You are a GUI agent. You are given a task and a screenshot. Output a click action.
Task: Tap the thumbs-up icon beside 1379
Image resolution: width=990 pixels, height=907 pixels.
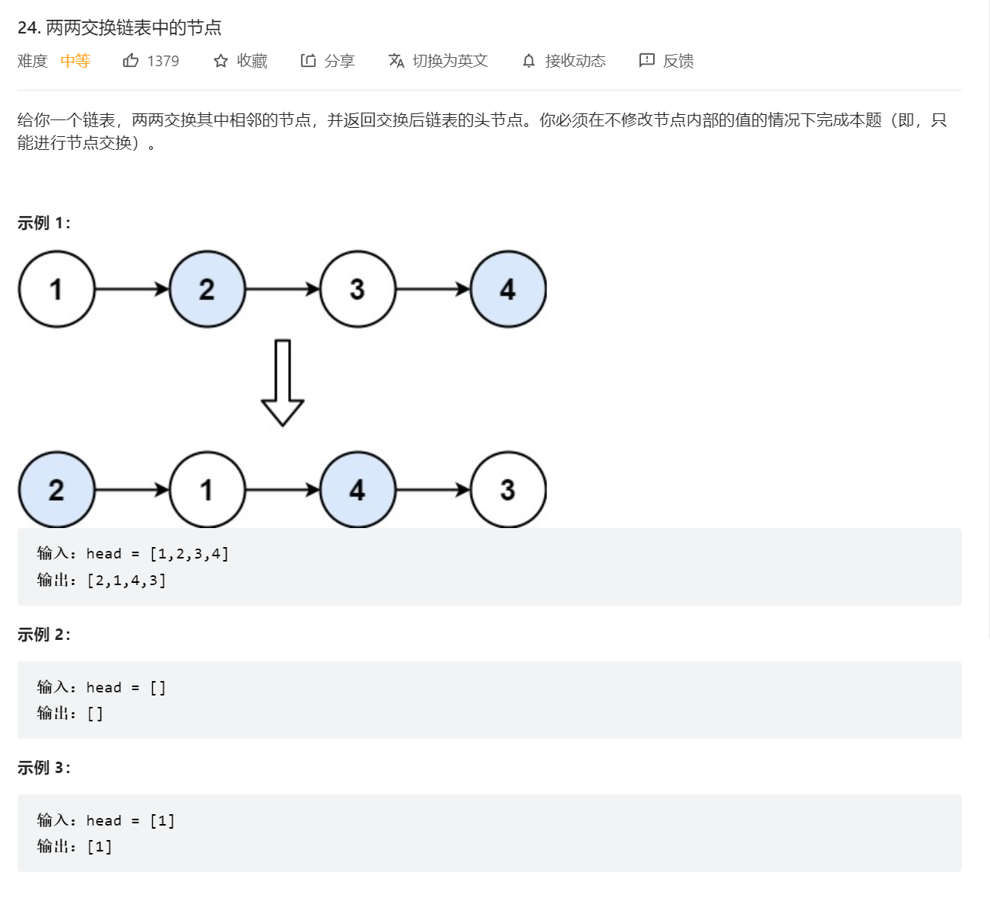[x=131, y=61]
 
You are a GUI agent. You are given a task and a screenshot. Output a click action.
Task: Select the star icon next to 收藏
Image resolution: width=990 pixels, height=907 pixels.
[x=221, y=61]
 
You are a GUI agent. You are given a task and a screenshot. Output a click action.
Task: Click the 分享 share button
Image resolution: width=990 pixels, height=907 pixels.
[x=328, y=61]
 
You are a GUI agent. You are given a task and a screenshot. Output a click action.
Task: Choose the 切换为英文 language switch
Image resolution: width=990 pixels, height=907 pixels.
[x=438, y=61]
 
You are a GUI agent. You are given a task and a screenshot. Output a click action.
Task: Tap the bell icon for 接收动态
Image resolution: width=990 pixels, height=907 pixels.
[x=529, y=61]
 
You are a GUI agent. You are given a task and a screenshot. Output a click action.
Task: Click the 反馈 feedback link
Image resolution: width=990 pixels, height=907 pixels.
[x=667, y=61]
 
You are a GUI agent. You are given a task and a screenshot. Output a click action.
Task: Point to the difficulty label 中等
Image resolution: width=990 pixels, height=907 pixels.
[x=75, y=61]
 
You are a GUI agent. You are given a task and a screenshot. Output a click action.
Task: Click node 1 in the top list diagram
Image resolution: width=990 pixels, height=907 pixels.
[x=56, y=289]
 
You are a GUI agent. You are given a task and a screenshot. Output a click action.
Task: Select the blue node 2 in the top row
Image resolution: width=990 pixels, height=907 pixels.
[x=207, y=289]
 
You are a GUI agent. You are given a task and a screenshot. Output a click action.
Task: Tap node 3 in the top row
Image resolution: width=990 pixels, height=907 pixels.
[x=357, y=289]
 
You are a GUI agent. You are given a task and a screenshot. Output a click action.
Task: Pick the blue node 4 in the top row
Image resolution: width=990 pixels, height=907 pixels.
[x=508, y=289]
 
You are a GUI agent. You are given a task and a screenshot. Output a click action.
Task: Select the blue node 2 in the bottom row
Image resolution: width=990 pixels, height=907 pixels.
[x=56, y=490]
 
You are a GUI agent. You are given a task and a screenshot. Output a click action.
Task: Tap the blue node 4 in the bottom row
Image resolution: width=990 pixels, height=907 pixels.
[x=357, y=490]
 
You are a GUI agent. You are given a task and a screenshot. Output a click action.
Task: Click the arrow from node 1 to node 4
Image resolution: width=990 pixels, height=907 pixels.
[x=282, y=490]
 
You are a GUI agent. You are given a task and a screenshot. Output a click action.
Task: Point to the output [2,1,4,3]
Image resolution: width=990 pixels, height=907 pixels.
[x=126, y=581]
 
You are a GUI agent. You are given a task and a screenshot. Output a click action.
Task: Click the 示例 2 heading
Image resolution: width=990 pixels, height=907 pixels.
[x=44, y=635]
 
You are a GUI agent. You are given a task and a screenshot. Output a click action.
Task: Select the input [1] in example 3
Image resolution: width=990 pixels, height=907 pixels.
[x=162, y=820]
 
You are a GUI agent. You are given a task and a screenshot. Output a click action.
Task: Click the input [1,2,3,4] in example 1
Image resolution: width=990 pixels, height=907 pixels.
[x=189, y=554]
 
